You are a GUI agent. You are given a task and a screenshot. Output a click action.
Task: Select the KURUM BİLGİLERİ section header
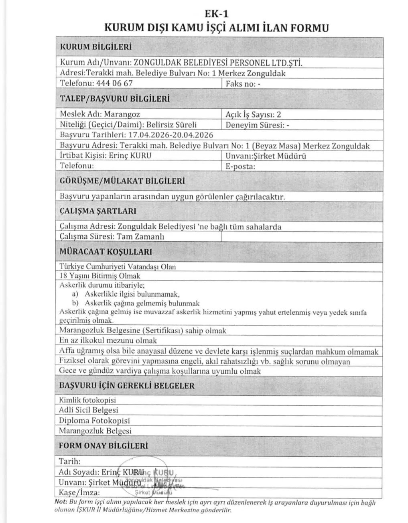95,47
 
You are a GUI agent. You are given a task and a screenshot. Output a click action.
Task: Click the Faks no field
243,84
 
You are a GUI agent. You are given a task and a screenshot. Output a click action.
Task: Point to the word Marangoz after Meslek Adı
122,114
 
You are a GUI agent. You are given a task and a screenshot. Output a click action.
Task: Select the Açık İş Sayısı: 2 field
254,114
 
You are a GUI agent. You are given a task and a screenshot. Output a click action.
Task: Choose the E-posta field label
240,167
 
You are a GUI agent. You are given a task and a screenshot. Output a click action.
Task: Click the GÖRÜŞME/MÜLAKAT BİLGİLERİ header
122,181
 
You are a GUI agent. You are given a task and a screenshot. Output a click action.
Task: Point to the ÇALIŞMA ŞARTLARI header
98,211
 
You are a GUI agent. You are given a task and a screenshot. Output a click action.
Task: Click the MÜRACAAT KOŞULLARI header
106,252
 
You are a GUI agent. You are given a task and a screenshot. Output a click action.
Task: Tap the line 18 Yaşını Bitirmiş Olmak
99,276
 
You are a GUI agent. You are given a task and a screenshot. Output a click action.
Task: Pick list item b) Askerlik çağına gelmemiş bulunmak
135,303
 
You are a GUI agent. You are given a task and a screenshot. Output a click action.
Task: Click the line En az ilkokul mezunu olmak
108,341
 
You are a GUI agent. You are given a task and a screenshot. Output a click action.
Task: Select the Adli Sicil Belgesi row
89,410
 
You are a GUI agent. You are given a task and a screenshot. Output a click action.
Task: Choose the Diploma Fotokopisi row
94,421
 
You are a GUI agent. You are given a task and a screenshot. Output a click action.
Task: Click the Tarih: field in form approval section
70,461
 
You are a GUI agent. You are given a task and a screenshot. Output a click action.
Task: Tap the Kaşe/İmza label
79,492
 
